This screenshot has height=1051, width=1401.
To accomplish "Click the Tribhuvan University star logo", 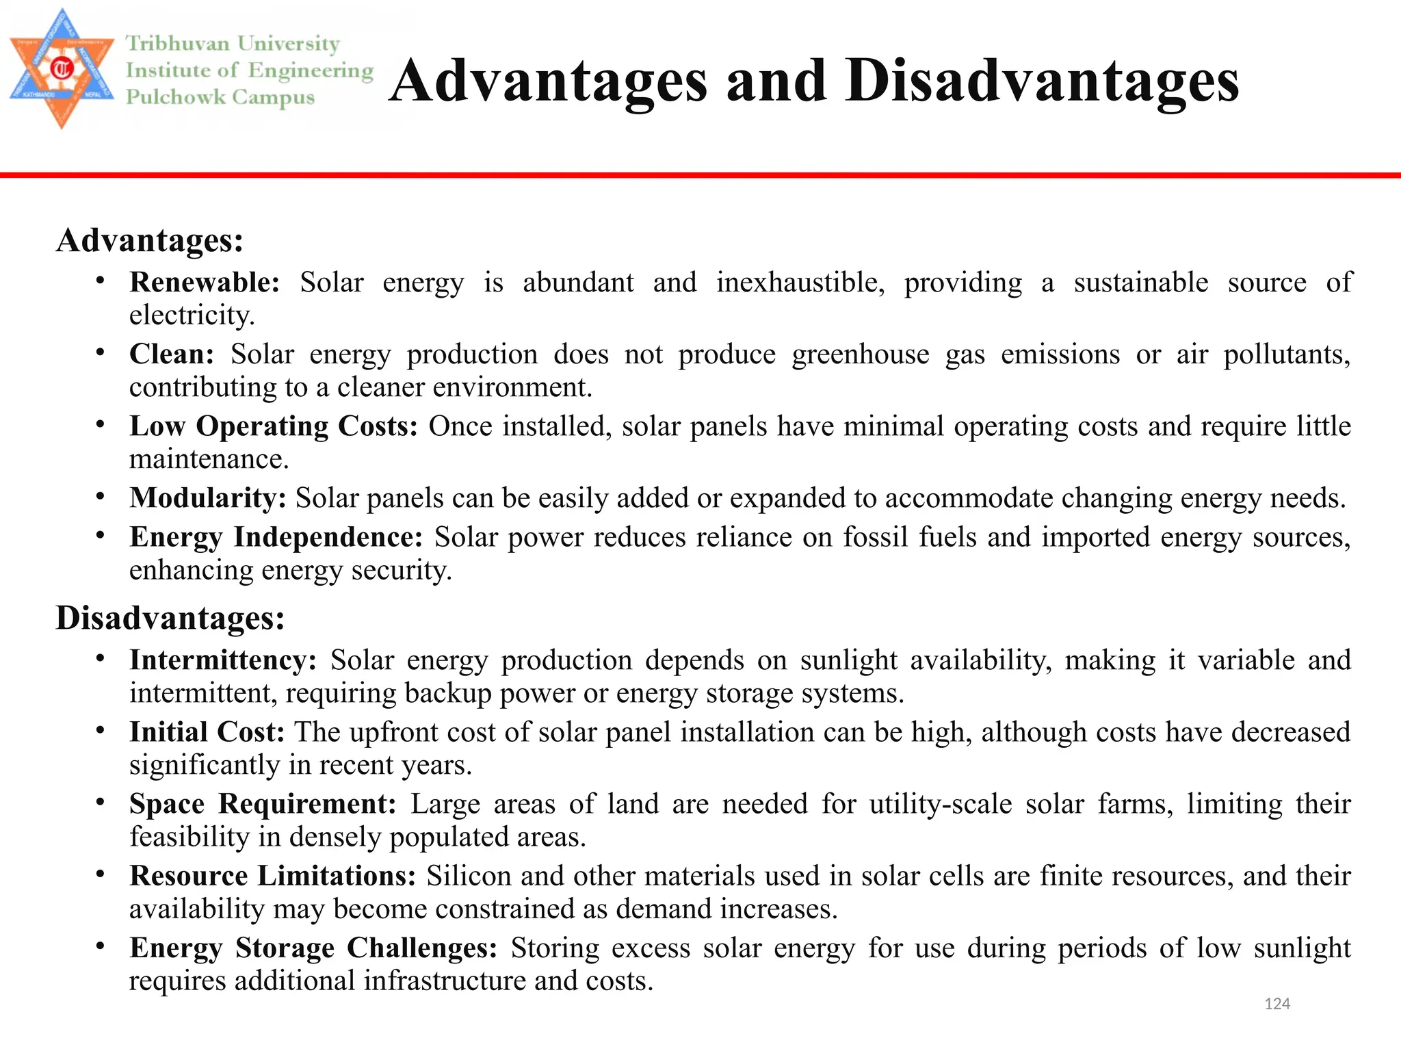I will point(62,68).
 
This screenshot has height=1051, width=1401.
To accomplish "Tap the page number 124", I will point(1277,1004).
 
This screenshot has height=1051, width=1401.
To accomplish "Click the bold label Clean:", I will point(172,354).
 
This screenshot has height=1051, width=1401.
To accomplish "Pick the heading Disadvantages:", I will point(170,618).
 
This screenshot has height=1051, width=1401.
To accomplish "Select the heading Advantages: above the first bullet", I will point(150,240).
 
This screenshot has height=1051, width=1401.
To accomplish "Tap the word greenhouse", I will point(861,354).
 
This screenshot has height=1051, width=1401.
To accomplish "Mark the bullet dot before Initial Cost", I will point(101,730).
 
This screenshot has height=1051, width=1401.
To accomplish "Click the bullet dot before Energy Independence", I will point(101,535).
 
